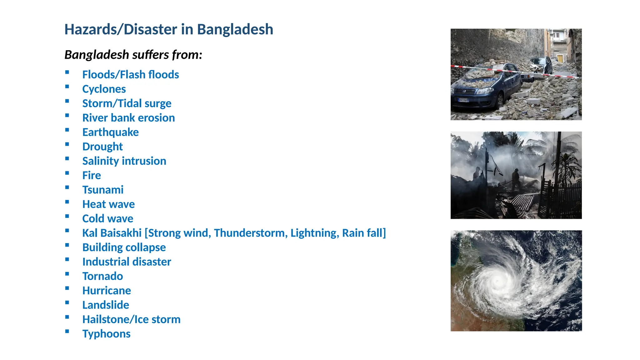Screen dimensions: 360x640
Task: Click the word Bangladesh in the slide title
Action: tap(235, 30)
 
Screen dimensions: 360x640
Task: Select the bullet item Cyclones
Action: tap(104, 89)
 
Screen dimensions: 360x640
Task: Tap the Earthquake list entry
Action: tap(110, 132)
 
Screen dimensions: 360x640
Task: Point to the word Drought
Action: tap(102, 147)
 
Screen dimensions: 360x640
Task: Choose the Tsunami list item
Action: tap(103, 190)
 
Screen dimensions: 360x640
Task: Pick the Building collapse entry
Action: tap(124, 247)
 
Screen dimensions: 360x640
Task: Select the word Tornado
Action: tap(102, 276)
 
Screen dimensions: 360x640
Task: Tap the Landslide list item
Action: tap(106, 305)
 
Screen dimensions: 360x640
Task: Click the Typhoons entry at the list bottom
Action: tap(106, 334)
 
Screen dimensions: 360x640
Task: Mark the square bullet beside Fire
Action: tap(67, 173)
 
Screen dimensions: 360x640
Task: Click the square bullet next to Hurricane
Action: tap(67, 288)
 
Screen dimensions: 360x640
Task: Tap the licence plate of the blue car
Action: tap(463, 100)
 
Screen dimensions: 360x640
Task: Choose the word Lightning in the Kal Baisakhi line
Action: tap(314, 233)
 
